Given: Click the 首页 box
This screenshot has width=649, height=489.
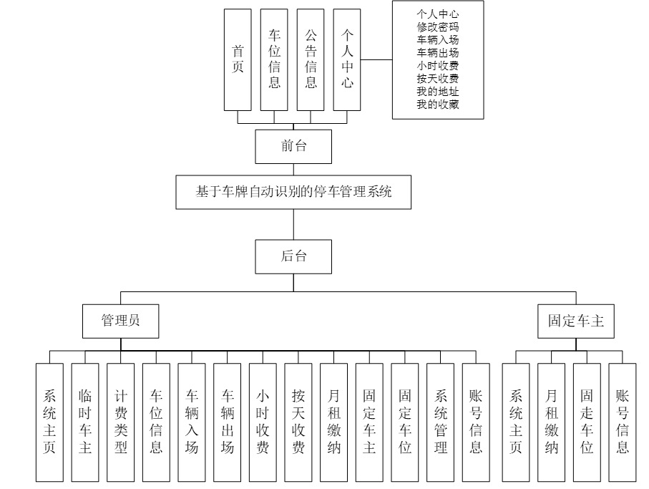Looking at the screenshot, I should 238,59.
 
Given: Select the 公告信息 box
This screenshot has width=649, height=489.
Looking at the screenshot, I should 311,59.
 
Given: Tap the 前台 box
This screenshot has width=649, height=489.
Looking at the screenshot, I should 293,147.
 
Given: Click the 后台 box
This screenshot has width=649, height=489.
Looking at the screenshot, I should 293,256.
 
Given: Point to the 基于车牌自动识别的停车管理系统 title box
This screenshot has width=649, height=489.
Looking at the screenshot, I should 294,192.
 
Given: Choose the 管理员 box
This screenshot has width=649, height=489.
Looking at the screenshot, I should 120,320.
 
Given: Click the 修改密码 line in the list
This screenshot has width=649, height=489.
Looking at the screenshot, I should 437,26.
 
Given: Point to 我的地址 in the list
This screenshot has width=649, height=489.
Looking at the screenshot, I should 437,92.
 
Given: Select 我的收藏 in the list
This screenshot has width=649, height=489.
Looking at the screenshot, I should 437,105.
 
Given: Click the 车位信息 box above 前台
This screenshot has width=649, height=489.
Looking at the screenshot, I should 275,59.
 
